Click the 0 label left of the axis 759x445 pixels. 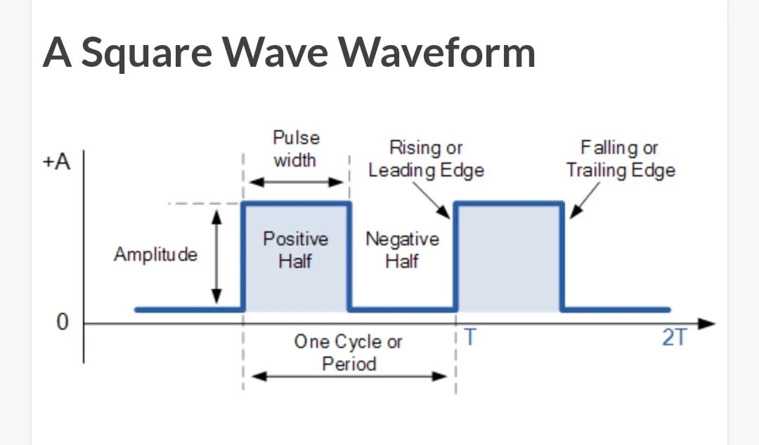click(x=63, y=323)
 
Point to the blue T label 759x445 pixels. click(x=469, y=338)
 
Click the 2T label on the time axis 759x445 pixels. click(x=675, y=338)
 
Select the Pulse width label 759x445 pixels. click(x=295, y=148)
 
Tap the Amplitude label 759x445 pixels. click(x=155, y=254)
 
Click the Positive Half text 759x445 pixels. click(x=295, y=250)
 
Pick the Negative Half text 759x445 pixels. click(x=402, y=250)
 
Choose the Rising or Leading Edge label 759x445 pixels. click(x=427, y=159)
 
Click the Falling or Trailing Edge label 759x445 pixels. click(x=621, y=159)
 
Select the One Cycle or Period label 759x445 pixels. click(x=349, y=353)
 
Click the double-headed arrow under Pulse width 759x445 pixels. click(x=297, y=182)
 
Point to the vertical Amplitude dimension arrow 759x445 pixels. click(x=217, y=257)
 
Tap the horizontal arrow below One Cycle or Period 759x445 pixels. click(x=349, y=376)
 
